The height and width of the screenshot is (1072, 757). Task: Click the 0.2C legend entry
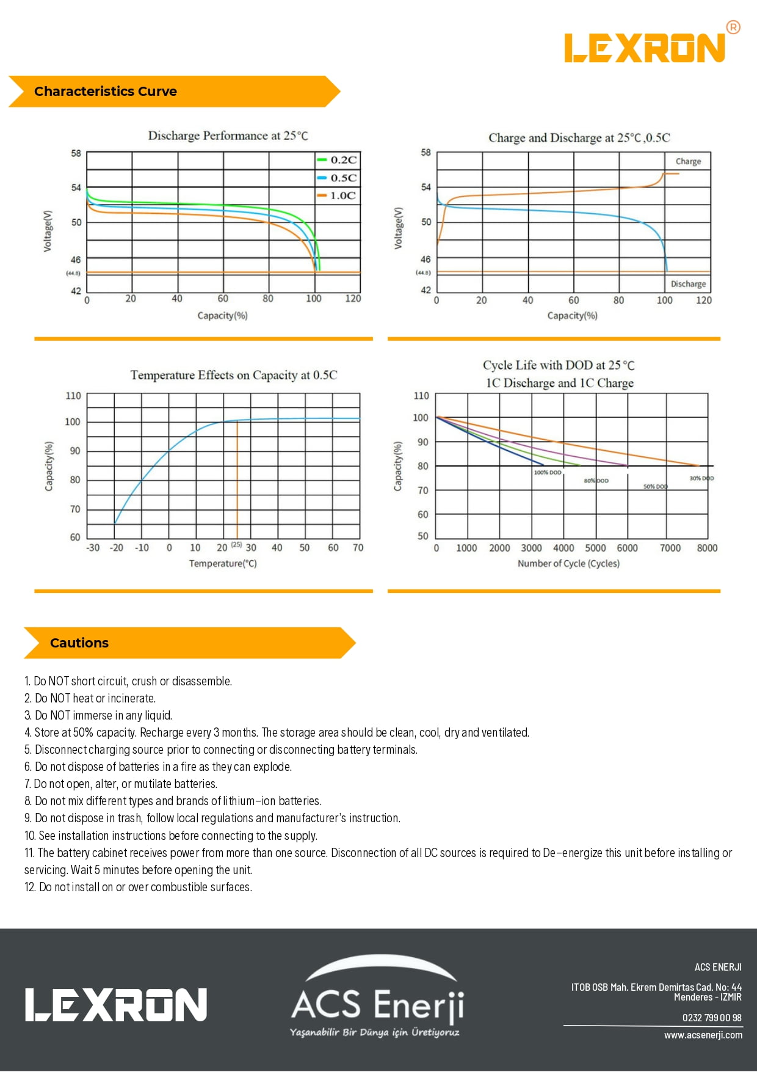click(x=337, y=160)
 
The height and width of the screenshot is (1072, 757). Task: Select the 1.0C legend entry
click(x=337, y=195)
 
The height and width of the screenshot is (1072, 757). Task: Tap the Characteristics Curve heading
click(x=106, y=92)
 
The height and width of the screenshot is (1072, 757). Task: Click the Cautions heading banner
click(x=79, y=643)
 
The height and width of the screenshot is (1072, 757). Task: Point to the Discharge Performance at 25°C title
click(x=228, y=136)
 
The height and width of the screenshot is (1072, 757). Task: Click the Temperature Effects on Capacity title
click(x=233, y=375)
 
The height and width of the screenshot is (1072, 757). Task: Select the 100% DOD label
click(x=547, y=473)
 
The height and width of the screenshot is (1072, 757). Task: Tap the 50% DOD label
click(x=655, y=487)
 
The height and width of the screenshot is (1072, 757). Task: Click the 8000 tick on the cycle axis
click(x=707, y=548)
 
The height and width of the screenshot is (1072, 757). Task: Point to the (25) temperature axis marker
click(x=236, y=544)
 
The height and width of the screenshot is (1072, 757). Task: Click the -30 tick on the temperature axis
click(x=93, y=548)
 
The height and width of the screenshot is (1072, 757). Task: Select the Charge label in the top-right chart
click(x=688, y=161)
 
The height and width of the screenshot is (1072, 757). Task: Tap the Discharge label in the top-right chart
click(x=688, y=284)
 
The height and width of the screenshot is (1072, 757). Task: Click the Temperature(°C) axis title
click(x=223, y=563)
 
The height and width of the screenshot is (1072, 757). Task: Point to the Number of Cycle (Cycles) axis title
click(x=568, y=563)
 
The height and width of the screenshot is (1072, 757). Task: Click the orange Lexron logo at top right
click(x=646, y=48)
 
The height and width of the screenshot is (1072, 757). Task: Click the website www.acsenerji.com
click(x=703, y=1035)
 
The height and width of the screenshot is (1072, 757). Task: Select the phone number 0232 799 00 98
click(x=712, y=1018)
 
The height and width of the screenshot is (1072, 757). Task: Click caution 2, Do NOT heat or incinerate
click(x=90, y=698)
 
